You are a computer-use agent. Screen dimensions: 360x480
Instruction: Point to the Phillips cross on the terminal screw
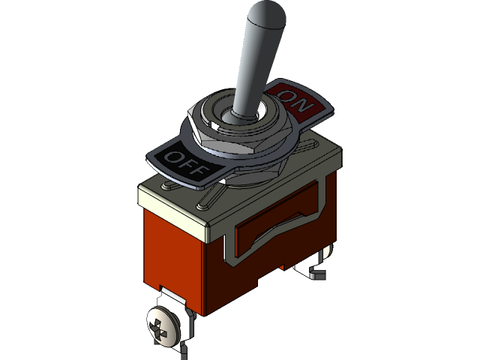161,328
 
